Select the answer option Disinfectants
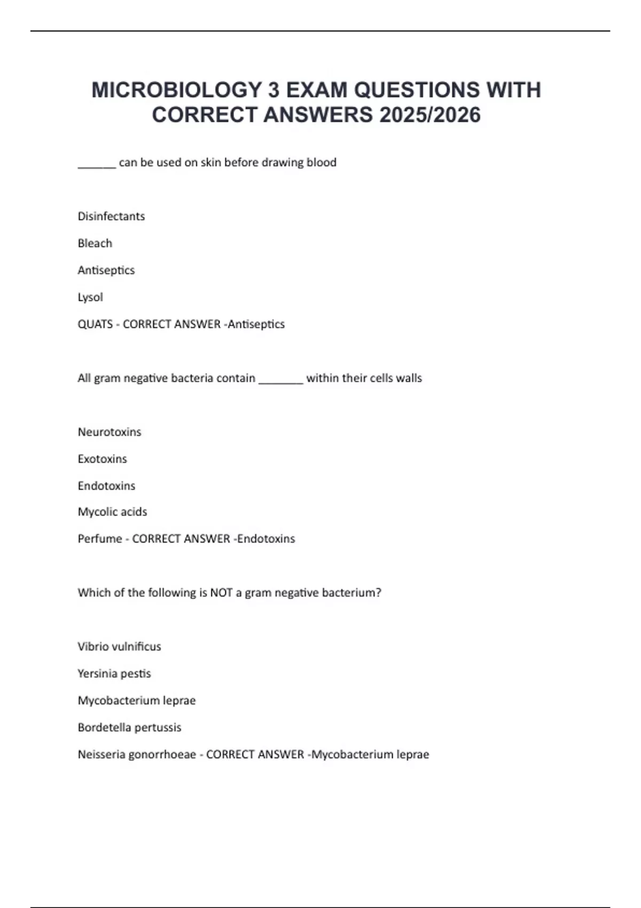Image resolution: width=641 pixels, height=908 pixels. click(111, 216)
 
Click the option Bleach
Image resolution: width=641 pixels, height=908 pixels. click(95, 244)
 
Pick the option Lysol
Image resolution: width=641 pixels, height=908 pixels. click(90, 298)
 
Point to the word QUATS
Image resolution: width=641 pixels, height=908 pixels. click(95, 324)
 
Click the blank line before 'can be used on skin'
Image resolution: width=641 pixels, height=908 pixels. click(97, 166)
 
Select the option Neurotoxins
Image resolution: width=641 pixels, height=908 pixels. click(110, 432)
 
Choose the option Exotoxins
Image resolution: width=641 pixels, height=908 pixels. click(102, 459)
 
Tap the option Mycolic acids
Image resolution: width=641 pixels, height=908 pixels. click(112, 512)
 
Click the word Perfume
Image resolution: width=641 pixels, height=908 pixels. click(100, 539)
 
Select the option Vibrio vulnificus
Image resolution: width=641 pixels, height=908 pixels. click(119, 647)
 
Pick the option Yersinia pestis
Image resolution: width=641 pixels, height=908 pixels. click(114, 674)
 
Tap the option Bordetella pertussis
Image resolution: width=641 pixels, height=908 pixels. click(129, 727)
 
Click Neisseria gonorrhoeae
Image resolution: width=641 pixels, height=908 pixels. click(137, 755)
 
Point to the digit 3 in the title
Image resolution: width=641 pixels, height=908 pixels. click(273, 90)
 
